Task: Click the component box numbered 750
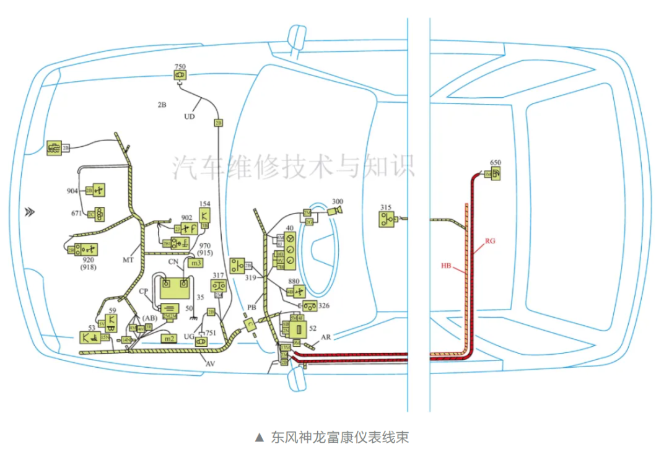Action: pos(180,76)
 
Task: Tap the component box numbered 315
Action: pos(388,219)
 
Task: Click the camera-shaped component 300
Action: pos(336,212)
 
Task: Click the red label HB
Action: pos(447,266)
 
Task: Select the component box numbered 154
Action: pos(205,215)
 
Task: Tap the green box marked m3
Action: pos(196,263)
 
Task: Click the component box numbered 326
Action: pos(310,306)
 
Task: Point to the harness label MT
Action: pos(128,260)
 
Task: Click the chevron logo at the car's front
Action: pos(29,212)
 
